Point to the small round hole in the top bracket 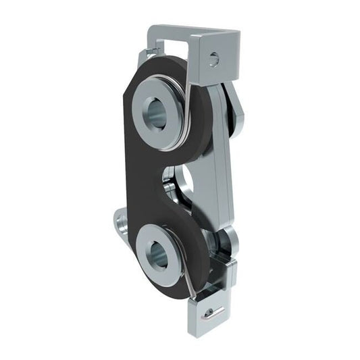point(213,59)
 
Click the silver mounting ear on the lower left point(122,222)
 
